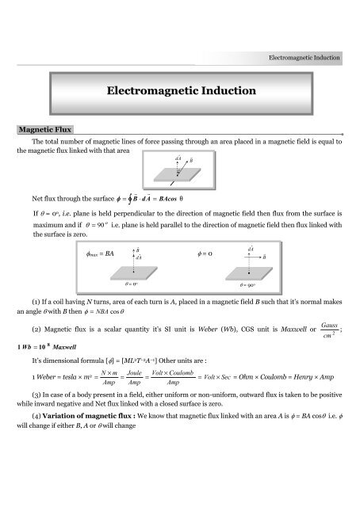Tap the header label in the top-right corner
point(304,58)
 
